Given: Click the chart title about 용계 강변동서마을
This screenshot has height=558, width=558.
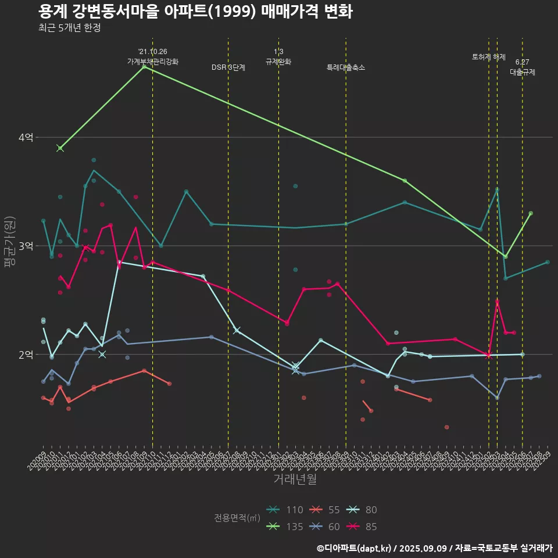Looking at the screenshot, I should click(195, 12).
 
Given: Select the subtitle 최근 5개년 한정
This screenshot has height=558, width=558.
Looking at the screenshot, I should click(69, 28).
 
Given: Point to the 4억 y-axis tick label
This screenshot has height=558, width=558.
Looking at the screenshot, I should click(26, 138).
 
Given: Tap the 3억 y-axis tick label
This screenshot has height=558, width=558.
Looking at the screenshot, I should click(26, 246).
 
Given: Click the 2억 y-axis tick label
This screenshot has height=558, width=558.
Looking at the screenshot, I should click(26, 355).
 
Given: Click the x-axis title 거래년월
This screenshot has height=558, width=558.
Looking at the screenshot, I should click(295, 480).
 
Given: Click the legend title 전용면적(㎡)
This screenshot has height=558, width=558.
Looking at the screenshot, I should click(237, 518).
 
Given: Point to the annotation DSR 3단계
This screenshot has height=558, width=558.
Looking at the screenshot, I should click(228, 67).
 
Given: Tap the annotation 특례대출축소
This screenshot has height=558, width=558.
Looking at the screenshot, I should click(346, 67).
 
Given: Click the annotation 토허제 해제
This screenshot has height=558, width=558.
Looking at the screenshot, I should click(489, 57).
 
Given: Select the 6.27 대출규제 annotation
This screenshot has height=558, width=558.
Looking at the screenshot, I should click(523, 67).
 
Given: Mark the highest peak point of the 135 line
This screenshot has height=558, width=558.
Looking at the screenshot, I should click(144, 67).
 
